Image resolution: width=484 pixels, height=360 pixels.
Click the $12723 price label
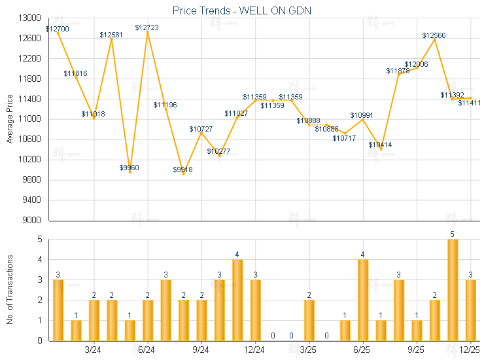click(147, 27)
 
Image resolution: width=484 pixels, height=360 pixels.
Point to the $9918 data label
click(183, 170)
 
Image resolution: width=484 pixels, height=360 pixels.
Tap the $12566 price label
click(434, 35)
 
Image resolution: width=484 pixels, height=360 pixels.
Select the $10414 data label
click(380, 145)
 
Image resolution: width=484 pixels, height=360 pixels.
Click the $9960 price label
click(130, 168)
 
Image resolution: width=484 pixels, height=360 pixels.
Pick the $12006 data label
click(416, 64)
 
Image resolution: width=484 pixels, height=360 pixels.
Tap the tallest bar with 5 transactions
click(453, 290)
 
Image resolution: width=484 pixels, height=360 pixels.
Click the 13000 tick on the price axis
click(31, 18)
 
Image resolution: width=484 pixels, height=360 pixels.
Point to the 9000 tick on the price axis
click(33, 220)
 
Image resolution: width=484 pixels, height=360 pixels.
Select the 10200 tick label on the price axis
click(31, 160)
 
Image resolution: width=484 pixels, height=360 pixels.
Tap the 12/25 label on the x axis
click(470, 350)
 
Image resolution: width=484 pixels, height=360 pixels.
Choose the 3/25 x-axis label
click(308, 350)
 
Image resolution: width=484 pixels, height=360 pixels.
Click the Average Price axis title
click(10, 119)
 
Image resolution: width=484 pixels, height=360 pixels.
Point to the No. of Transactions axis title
click(10, 290)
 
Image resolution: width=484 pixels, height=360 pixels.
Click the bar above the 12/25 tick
click(470, 310)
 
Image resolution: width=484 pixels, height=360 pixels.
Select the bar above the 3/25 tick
click(309, 320)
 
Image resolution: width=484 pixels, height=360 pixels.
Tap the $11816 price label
click(75, 73)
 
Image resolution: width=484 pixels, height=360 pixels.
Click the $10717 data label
click(344, 138)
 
